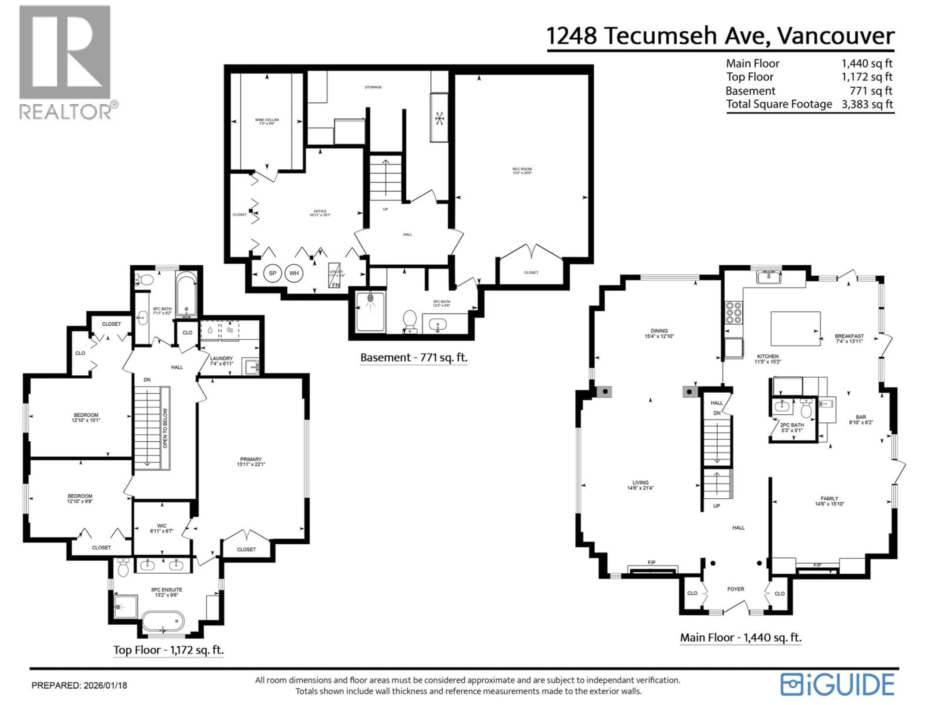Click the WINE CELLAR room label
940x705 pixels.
tap(267, 121)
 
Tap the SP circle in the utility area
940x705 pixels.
tap(272, 273)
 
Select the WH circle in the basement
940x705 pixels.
tap(294, 273)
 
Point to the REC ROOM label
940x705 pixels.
tap(522, 171)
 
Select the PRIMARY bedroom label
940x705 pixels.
tap(251, 461)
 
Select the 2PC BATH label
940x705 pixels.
tap(792, 427)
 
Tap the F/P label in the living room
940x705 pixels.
tap(651, 562)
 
